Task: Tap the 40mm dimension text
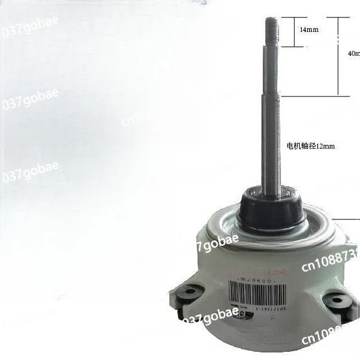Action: tap(354, 53)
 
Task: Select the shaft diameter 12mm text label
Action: tap(310, 146)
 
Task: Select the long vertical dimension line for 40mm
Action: tap(339, 56)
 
